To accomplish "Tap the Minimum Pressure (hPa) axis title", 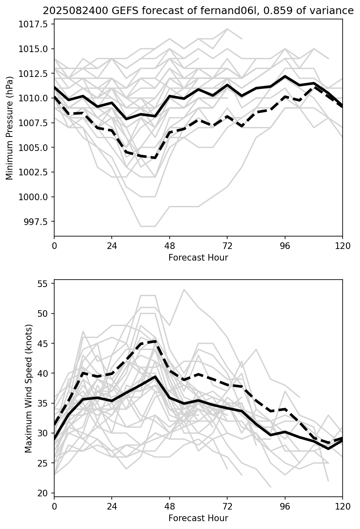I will (x=10, y=127).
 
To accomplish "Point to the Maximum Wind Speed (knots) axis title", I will (x=28, y=388).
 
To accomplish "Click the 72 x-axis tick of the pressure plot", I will (x=227, y=246).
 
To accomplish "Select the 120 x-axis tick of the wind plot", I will (x=342, y=507).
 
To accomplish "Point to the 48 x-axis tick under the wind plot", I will (x=170, y=507).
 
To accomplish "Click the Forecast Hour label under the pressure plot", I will (x=198, y=258).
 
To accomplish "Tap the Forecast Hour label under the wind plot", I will (x=198, y=518).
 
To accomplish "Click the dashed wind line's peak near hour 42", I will (x=155, y=341).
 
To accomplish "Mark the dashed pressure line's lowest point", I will (x=155, y=158).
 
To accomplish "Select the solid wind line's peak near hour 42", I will (x=155, y=377).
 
